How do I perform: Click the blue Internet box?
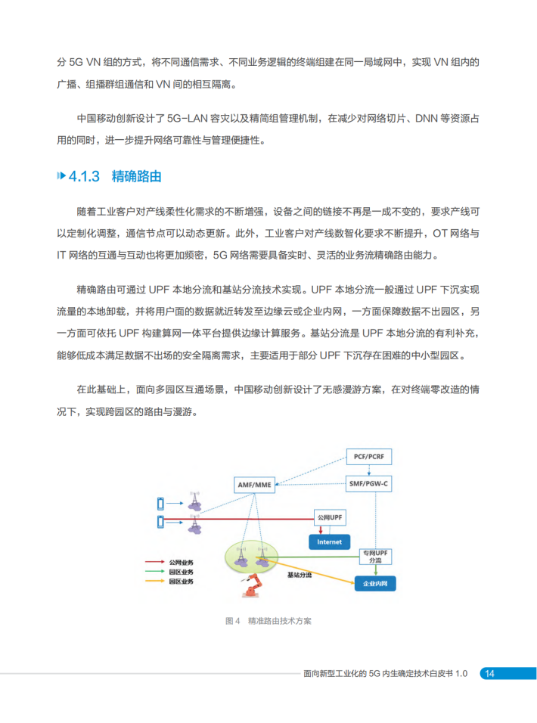coord(329,541)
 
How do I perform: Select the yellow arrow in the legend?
coord(154,582)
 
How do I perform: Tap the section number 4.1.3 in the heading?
coord(84,177)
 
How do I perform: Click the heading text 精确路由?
coord(137,177)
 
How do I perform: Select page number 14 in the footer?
coord(489,673)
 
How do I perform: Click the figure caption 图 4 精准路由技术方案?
coord(268,621)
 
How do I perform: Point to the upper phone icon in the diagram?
coord(160,503)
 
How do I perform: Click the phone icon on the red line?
coord(160,520)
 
